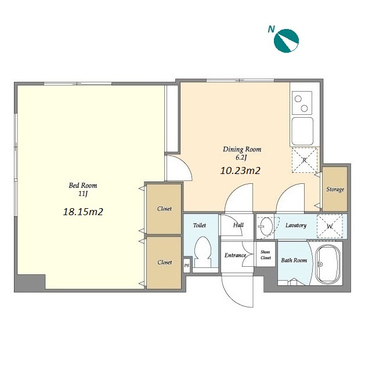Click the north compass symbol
pyautogui.click(x=286, y=41)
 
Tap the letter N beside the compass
pyautogui.click(x=272, y=29)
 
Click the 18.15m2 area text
pyautogui.click(x=83, y=212)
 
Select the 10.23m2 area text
pyautogui.click(x=240, y=171)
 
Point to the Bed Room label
pyautogui.click(x=83, y=186)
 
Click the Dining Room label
pyautogui.click(x=242, y=150)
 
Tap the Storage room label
pyautogui.click(x=335, y=189)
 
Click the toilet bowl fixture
pyautogui.click(x=203, y=252)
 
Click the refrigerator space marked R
pyautogui.click(x=305, y=159)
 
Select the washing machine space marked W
pyautogui.click(x=330, y=226)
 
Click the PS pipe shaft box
pyautogui.click(x=186, y=266)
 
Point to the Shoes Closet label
pyautogui.click(x=266, y=255)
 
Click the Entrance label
pyautogui.click(x=235, y=255)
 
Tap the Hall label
pyautogui.click(x=238, y=225)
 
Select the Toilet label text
pyautogui.click(x=200, y=226)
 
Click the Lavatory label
pyautogui.click(x=296, y=226)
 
